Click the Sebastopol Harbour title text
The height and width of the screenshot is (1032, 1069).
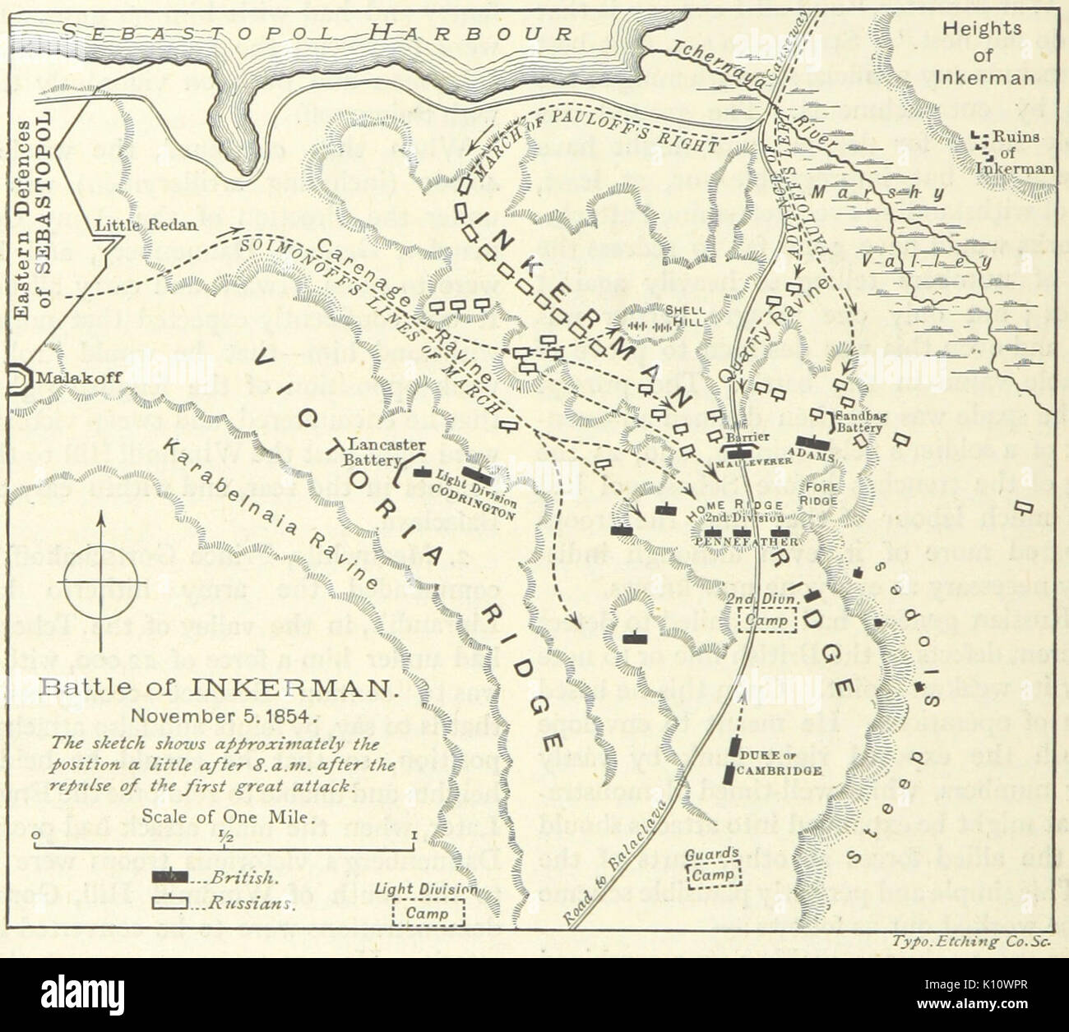click(317, 32)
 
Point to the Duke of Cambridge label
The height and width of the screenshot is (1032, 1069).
click(780, 765)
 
